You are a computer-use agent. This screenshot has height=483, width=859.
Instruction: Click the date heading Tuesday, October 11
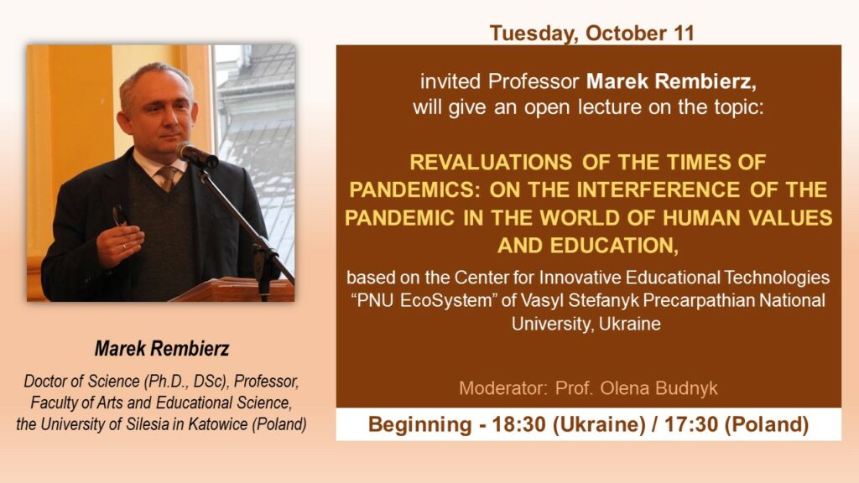tap(591, 33)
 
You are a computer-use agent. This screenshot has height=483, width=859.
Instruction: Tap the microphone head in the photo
tap(195, 154)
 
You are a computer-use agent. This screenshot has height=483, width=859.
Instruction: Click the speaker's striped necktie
tap(168, 178)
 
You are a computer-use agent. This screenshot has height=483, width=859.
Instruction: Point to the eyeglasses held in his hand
tap(119, 216)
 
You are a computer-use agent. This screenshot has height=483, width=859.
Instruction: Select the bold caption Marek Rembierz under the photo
tap(162, 348)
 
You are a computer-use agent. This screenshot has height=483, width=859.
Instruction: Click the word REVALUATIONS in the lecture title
tap(491, 162)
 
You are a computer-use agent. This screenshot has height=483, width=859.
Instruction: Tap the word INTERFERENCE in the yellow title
tap(658, 190)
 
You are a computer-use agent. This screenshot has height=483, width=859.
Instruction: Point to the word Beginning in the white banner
tap(419, 425)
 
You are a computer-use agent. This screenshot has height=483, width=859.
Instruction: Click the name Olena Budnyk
tap(659, 388)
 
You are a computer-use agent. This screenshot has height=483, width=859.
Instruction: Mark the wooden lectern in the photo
tap(233, 289)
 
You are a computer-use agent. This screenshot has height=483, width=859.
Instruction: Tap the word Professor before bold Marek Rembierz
tap(533, 81)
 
